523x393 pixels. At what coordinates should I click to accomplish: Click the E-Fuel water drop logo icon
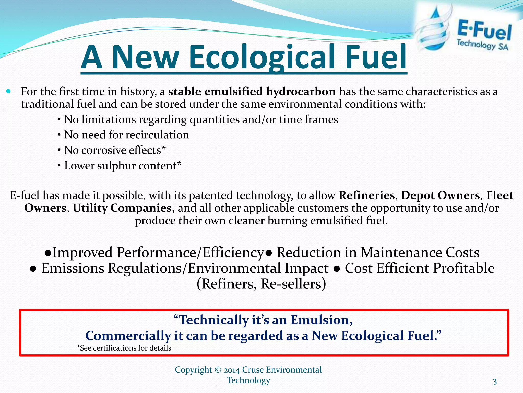pyautogui.click(x=433, y=29)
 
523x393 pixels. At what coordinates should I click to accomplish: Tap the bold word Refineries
pyautogui.click(x=367, y=195)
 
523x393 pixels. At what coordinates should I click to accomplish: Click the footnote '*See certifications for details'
pyautogui.click(x=124, y=348)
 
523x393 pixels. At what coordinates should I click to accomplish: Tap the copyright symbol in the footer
pyautogui.click(x=218, y=370)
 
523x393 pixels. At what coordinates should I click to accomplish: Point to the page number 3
pyautogui.click(x=495, y=382)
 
